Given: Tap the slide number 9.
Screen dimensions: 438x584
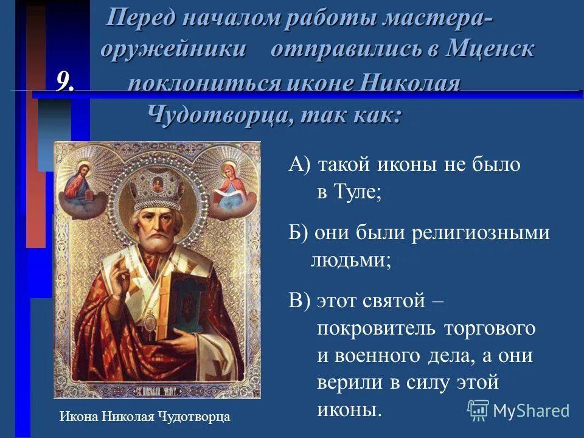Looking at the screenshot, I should coord(65,82).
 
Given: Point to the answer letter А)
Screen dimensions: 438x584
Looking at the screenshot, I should coord(299,165).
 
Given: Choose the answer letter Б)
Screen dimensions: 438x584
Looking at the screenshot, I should coord(299,233).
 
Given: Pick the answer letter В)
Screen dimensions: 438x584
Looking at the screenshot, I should coord(299,301).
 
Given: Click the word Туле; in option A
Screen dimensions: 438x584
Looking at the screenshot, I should coord(349,193).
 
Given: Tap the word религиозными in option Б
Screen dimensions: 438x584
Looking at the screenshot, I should coord(480,233).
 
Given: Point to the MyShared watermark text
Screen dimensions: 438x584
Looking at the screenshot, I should coord(531,411).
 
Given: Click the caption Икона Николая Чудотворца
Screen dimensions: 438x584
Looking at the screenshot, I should coord(145,417).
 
